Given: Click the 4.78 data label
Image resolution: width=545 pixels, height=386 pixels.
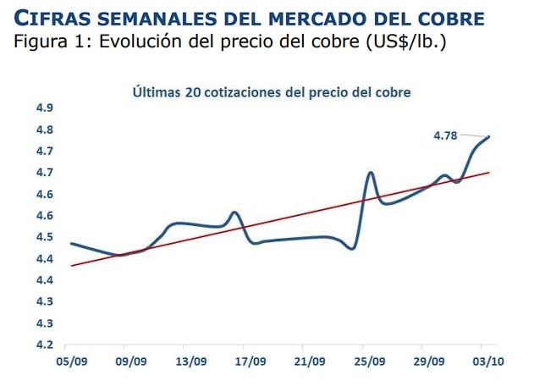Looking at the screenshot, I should (x=446, y=135).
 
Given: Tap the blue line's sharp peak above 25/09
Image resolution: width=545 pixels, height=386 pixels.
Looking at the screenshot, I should (x=371, y=173).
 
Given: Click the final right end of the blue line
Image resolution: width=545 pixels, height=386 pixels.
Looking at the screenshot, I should (x=488, y=137).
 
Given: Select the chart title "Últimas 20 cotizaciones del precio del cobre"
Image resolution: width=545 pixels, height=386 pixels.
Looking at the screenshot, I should (x=271, y=92).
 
